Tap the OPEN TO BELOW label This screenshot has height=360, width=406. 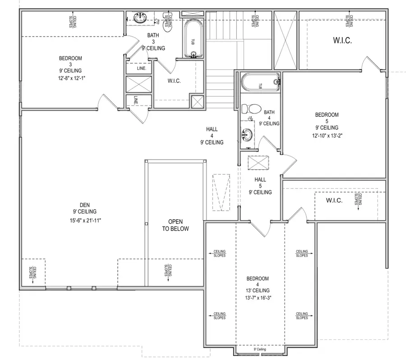(178, 225)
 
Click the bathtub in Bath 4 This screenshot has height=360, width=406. (259, 83)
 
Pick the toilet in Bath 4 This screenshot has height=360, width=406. (250, 109)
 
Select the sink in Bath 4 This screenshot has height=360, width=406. (247, 134)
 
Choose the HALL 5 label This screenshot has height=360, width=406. (260, 185)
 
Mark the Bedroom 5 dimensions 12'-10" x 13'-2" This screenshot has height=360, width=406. (327, 135)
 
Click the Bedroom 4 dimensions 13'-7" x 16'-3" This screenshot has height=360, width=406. (258, 297)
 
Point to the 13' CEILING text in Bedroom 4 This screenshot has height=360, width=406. (258, 291)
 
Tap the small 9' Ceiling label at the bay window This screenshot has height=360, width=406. (259, 349)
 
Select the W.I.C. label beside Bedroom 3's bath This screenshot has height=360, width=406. (174, 81)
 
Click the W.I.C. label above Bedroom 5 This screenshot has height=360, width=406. (342, 40)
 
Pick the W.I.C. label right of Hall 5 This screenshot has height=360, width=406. (334, 200)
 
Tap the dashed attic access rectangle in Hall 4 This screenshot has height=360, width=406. (221, 192)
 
